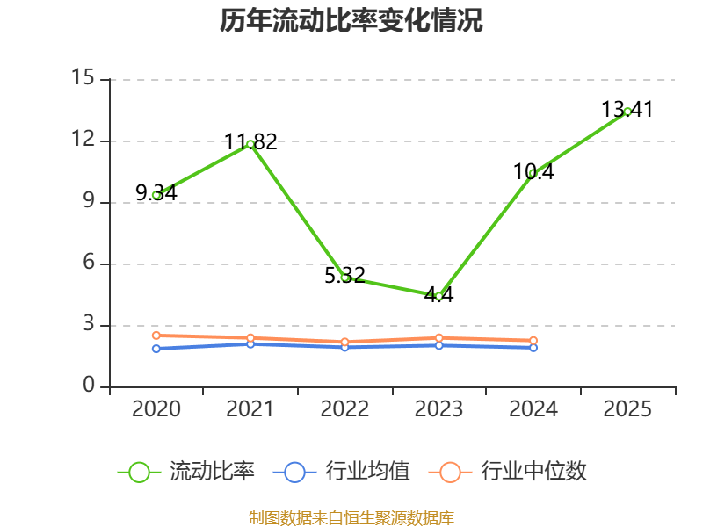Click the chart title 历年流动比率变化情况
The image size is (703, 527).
coord(351,20)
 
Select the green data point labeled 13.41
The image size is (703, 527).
coord(627,112)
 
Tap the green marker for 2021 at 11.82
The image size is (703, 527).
coord(250,144)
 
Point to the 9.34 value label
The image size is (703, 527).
coord(156,192)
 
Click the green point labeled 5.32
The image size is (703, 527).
coord(345,278)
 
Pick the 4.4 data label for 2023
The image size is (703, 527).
coord(438,294)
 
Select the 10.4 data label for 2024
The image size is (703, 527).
coord(533,171)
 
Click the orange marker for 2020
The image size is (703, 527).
coord(156,336)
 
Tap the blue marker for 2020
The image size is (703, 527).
coord(156,349)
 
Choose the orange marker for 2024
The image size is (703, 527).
coord(533,341)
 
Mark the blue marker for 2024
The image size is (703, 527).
coord(533,348)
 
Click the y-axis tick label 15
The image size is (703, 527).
coord(83,77)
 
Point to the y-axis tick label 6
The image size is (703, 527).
coord(89,262)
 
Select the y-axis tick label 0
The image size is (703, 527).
coord(89,385)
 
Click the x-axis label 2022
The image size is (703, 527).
coord(344,408)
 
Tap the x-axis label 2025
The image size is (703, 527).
coord(627,408)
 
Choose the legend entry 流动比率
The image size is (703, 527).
coord(186,472)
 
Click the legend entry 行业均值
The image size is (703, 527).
coord(342,472)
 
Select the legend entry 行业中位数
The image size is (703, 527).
coord(508,472)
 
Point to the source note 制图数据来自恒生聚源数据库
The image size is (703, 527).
coord(351,517)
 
